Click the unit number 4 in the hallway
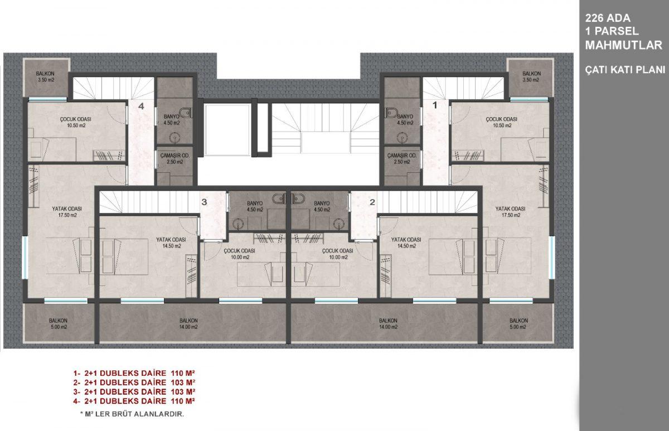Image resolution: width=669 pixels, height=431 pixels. pos(141,106)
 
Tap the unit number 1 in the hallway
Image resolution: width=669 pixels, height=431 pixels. pos(435,105)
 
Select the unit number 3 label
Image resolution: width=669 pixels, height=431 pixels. pos(204,202)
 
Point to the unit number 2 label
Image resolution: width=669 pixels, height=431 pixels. pos(372,202)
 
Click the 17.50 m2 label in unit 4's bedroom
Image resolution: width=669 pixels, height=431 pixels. pos(67,215)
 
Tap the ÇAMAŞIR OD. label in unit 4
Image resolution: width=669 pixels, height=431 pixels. pos(174,156)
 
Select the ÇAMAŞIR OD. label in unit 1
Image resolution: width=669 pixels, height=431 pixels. pos(402,156)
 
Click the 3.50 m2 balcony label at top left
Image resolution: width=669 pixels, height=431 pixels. pos(45,80)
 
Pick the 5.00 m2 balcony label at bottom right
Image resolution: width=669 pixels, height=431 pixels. pos(518,327)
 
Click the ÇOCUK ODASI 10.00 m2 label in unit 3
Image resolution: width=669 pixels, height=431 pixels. pos(239,254)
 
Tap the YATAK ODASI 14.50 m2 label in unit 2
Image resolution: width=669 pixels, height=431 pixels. pos(406,243)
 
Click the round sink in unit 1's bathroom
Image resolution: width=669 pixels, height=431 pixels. pos(403,138)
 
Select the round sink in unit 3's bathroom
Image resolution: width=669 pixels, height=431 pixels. pos(237,224)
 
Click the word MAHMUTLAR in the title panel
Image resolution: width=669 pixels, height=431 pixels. pos(624,45)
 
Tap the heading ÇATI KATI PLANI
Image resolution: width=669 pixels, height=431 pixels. pos(625,70)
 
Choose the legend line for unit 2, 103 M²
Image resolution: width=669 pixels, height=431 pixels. pos(134,382)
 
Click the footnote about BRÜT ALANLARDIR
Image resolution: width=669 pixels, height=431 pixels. pos(132,414)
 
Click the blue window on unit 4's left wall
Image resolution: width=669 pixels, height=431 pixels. pos(25,258)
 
